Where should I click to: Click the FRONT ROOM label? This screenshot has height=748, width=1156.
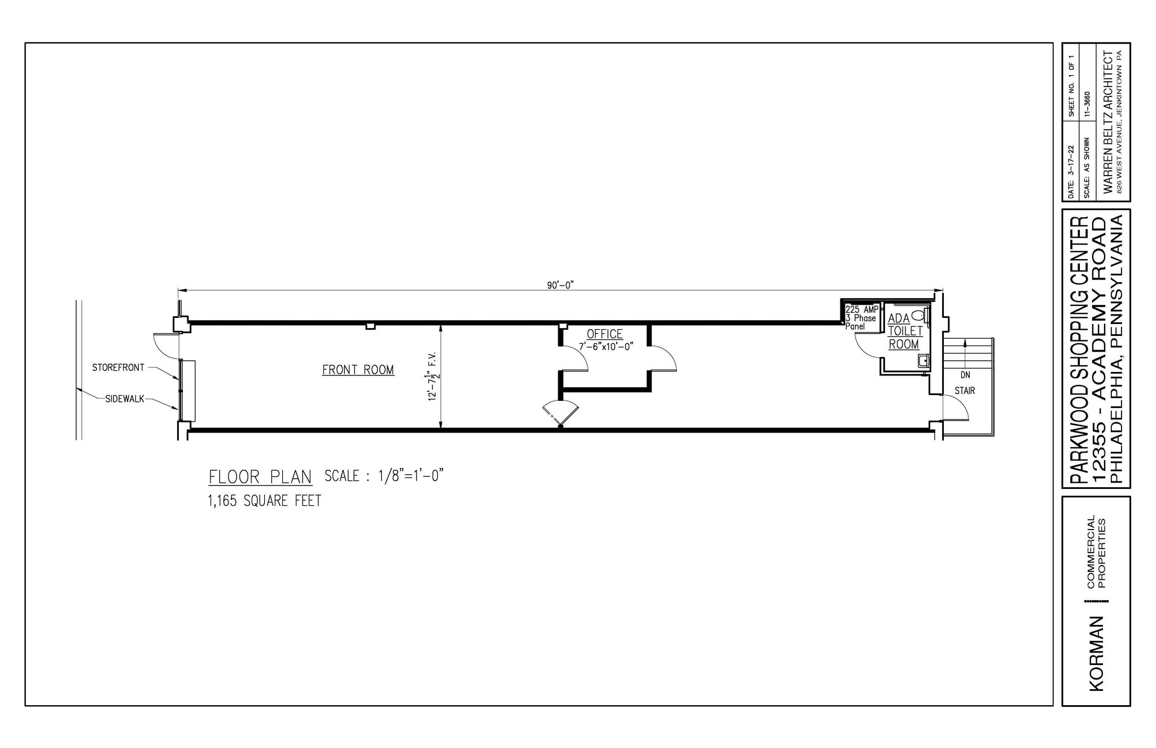358,370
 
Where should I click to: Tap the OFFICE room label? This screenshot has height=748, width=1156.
605,334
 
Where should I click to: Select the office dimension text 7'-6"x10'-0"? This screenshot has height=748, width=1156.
606,347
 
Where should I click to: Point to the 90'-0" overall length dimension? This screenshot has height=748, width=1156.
560,285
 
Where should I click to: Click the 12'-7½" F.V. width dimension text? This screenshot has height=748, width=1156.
433,377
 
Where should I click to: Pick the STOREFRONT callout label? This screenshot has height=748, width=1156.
118,368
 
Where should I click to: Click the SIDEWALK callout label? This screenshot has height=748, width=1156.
125,399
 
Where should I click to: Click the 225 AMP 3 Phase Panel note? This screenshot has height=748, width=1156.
861,318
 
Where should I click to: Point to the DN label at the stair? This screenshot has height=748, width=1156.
965,375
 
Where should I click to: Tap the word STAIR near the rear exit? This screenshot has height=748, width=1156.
965,391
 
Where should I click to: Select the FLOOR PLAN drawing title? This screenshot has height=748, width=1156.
260,477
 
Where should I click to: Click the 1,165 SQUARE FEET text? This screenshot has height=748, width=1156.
265,501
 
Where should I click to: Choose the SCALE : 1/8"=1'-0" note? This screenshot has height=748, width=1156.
384,476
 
